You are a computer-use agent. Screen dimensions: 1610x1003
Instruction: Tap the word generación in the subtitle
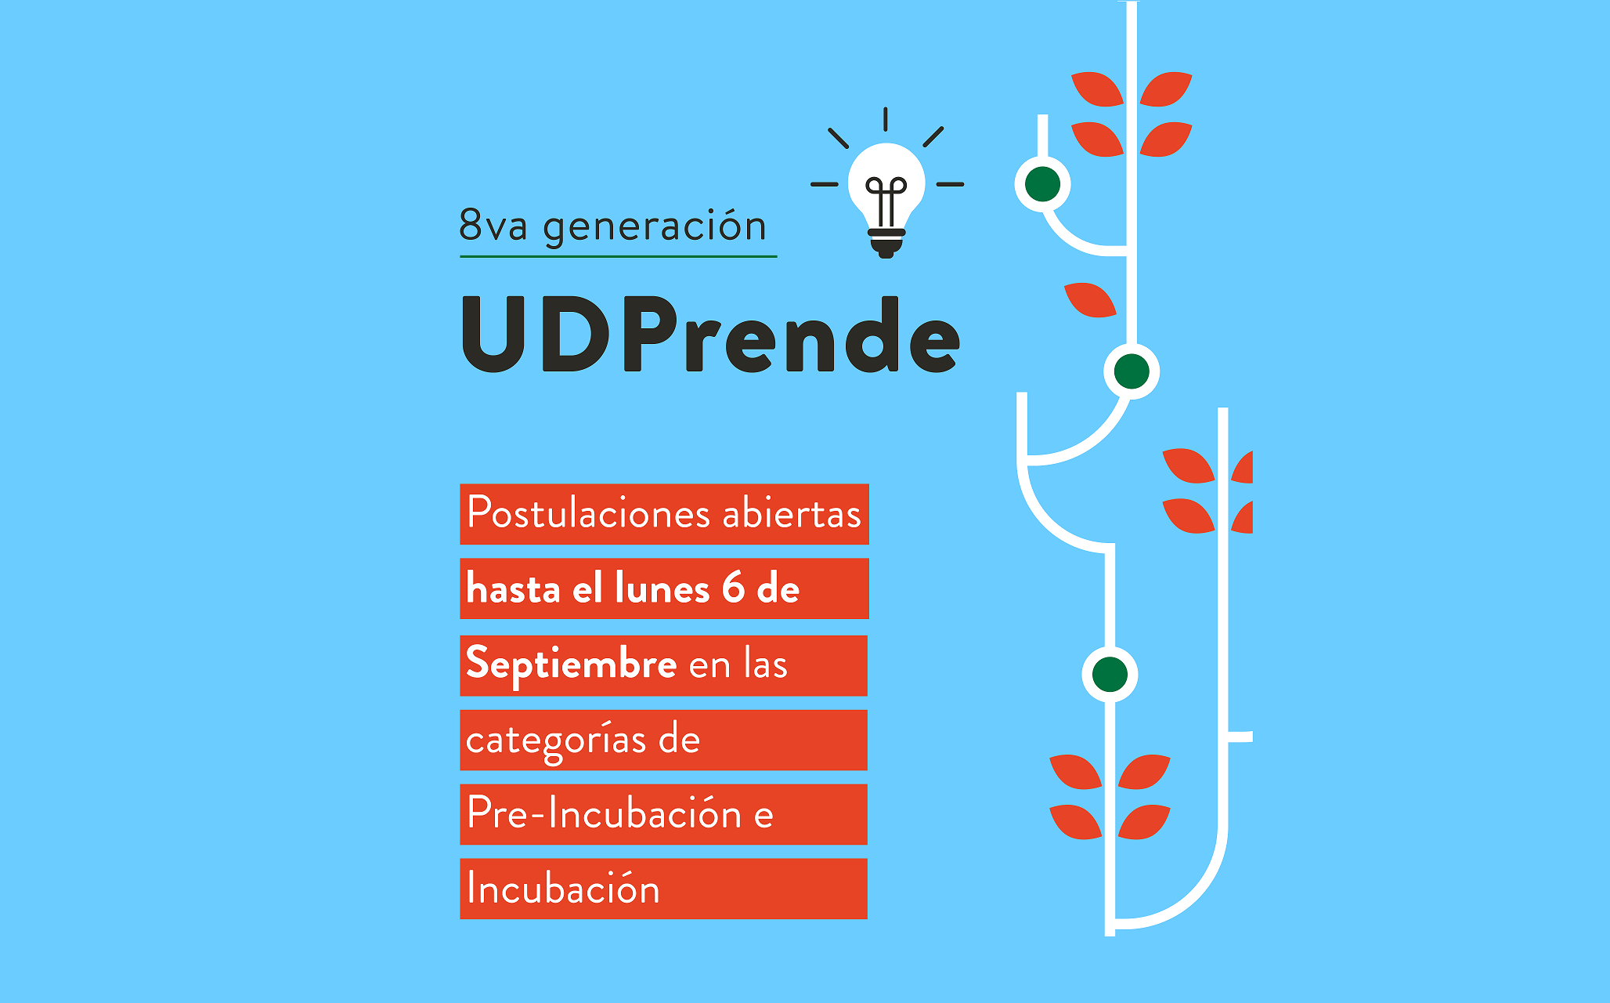click(x=655, y=228)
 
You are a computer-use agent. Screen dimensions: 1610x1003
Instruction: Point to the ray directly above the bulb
click(x=886, y=119)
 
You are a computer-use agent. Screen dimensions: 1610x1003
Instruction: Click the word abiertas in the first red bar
click(x=792, y=514)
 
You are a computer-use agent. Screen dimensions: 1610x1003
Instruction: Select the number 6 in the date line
click(x=734, y=588)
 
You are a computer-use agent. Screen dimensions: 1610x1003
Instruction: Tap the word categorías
click(x=556, y=740)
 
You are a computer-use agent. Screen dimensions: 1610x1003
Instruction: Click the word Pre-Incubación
click(x=605, y=813)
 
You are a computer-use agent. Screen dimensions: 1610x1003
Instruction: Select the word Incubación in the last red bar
click(x=564, y=889)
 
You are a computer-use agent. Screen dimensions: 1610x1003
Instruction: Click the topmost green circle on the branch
click(x=1042, y=184)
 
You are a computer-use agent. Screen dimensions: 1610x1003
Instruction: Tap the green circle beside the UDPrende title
click(x=1132, y=371)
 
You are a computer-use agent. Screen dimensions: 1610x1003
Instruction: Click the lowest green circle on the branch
click(x=1110, y=674)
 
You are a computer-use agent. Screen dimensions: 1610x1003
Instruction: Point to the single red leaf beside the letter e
click(x=1090, y=299)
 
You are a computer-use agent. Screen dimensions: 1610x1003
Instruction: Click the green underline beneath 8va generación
click(x=618, y=256)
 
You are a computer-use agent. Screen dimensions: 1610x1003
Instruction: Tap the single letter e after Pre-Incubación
click(x=763, y=816)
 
